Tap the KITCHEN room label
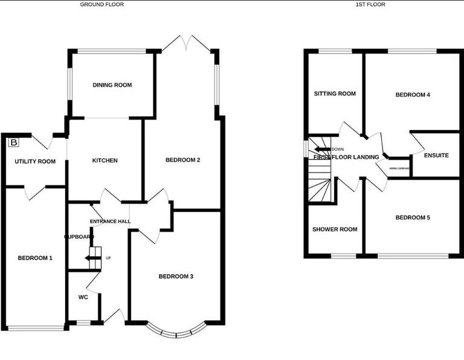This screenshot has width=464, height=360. [x=105, y=161]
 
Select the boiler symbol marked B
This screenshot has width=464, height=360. [x=13, y=143]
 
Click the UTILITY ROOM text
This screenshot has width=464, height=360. [x=35, y=161]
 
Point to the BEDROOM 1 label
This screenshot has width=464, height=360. [x=34, y=258]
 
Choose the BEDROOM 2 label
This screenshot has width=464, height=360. [x=182, y=160]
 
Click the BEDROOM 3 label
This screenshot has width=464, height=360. [x=176, y=277]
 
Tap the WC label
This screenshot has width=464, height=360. [x=83, y=297]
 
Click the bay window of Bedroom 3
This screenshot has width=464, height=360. [x=176, y=332]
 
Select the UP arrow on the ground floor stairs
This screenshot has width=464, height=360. [x=92, y=259]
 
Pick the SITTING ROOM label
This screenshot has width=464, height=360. [x=335, y=94]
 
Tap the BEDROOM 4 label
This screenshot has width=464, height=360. [x=413, y=95]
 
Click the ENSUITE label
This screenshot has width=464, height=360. [x=436, y=155]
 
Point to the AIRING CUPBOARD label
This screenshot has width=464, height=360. [x=400, y=169]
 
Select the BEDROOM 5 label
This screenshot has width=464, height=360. [x=413, y=217]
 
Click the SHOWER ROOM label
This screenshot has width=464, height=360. [x=334, y=230]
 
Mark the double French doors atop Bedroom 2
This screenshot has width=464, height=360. [x=188, y=44]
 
